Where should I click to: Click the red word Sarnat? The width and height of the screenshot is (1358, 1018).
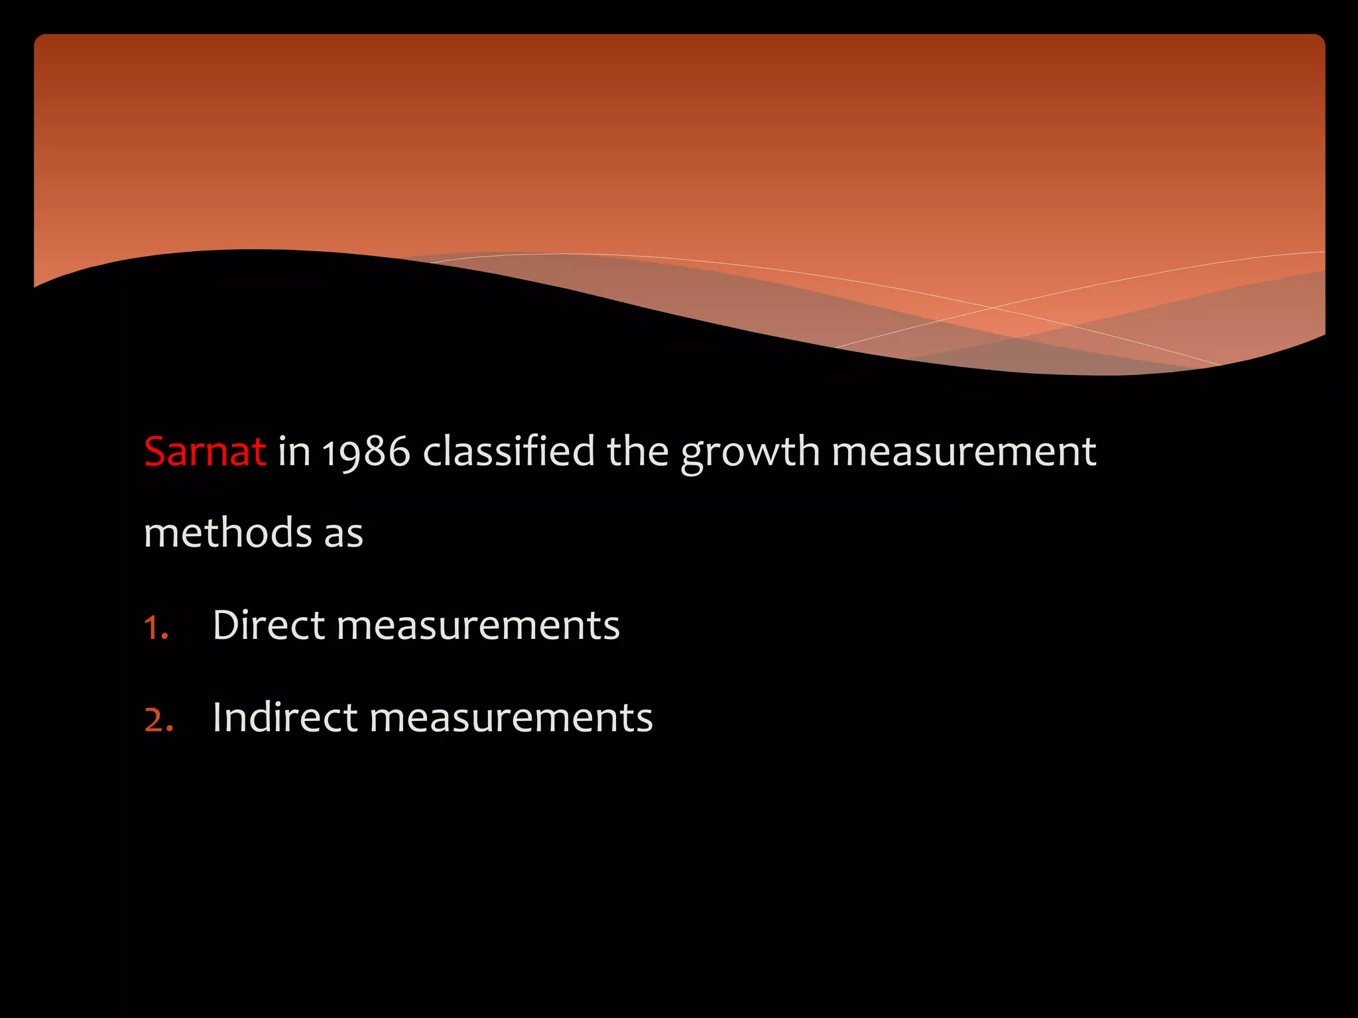point(205,452)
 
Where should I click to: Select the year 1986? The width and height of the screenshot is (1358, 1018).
point(366,452)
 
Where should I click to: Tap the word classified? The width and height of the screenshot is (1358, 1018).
point(509,452)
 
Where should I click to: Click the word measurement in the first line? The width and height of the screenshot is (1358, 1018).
point(963,452)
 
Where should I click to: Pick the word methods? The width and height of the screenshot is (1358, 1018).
point(228,533)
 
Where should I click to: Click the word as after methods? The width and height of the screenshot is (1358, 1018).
point(343,534)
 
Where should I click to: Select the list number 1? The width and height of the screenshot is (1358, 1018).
point(155,627)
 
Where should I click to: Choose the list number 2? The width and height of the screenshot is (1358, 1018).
point(158,720)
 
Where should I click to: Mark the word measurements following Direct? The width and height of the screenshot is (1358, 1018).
point(478,626)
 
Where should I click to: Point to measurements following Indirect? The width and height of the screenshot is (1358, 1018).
point(511,718)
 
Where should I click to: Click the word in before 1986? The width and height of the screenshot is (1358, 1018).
point(294,452)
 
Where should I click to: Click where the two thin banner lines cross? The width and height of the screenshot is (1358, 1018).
point(993,308)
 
